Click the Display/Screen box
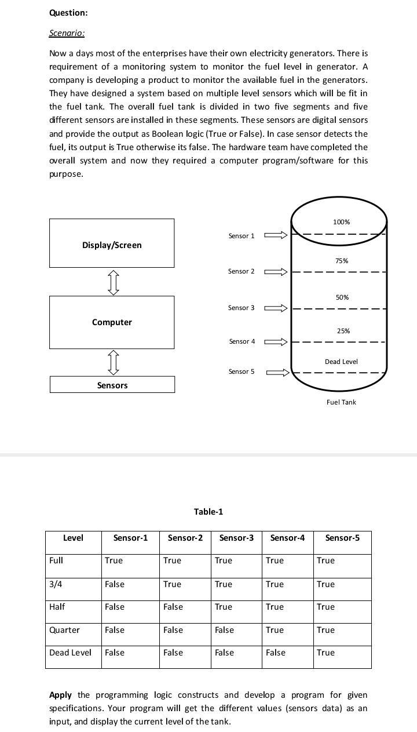coord(112,243)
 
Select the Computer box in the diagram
coord(112,322)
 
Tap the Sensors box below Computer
coord(112,385)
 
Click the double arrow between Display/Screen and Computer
coord(114,282)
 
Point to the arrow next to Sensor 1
coord(276,235)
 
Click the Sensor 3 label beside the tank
coord(241,308)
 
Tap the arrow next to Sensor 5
coord(277,372)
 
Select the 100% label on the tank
coord(342,222)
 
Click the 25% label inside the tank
coord(343,331)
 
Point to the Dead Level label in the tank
coord(341,362)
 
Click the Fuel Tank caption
coord(341,402)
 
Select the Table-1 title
coord(209,512)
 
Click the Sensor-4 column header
coord(287,538)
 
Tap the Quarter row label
coord(65,630)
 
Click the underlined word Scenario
coord(67,33)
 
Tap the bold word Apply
coord(61,695)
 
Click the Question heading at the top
coord(69,13)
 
